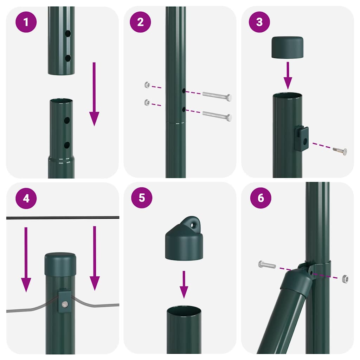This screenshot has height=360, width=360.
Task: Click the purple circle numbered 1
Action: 26,22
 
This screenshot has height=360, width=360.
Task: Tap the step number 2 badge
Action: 140,22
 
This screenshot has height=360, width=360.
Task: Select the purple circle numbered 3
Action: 259,22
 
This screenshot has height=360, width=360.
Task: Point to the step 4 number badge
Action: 26,198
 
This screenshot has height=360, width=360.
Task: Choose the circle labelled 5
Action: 142,197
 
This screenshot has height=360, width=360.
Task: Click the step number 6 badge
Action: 261,198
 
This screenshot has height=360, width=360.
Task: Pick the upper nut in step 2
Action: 147,85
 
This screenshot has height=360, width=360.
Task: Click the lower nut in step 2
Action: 147,102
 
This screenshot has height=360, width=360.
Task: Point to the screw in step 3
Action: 340,151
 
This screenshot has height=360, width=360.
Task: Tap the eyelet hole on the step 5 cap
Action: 193,223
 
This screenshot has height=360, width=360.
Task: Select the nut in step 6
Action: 345,279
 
